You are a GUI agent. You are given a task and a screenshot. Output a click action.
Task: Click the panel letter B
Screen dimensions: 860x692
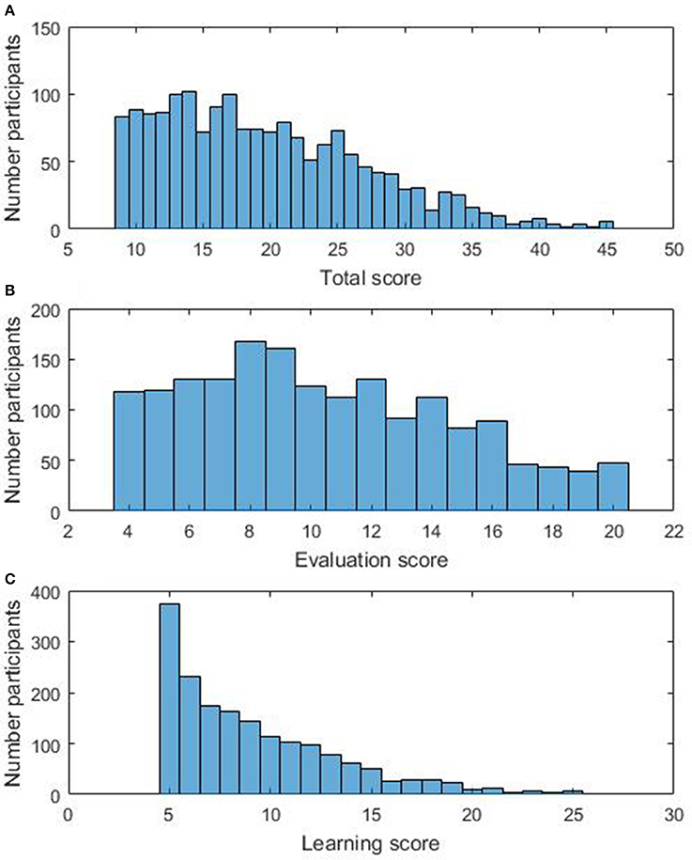click(x=8, y=290)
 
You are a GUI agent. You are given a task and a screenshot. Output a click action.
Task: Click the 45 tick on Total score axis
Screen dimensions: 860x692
click(x=607, y=250)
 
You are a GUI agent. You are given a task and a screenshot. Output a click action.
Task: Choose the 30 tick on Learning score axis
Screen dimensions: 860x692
click(x=673, y=814)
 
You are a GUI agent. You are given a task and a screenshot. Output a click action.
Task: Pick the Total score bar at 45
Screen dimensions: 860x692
click(x=607, y=226)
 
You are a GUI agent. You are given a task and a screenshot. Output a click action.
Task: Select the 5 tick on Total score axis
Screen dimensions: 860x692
click(x=69, y=250)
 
